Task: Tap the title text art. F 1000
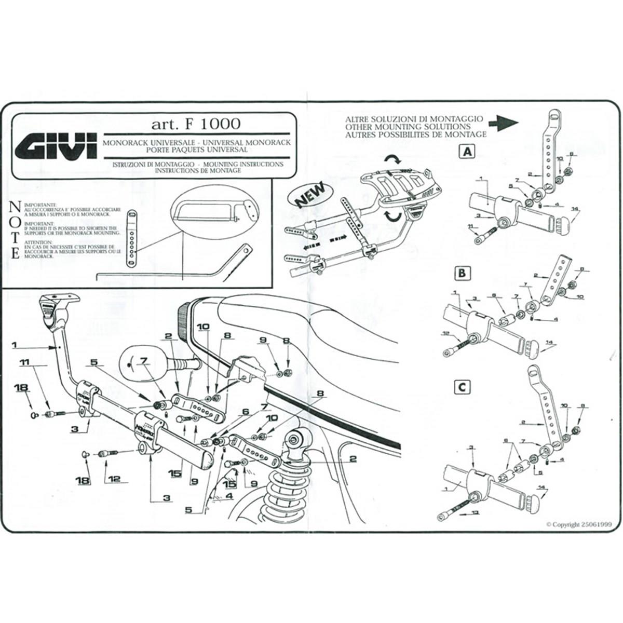[x=196, y=124]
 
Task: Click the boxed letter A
[x=467, y=152]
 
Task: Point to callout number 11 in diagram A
[x=470, y=227]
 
